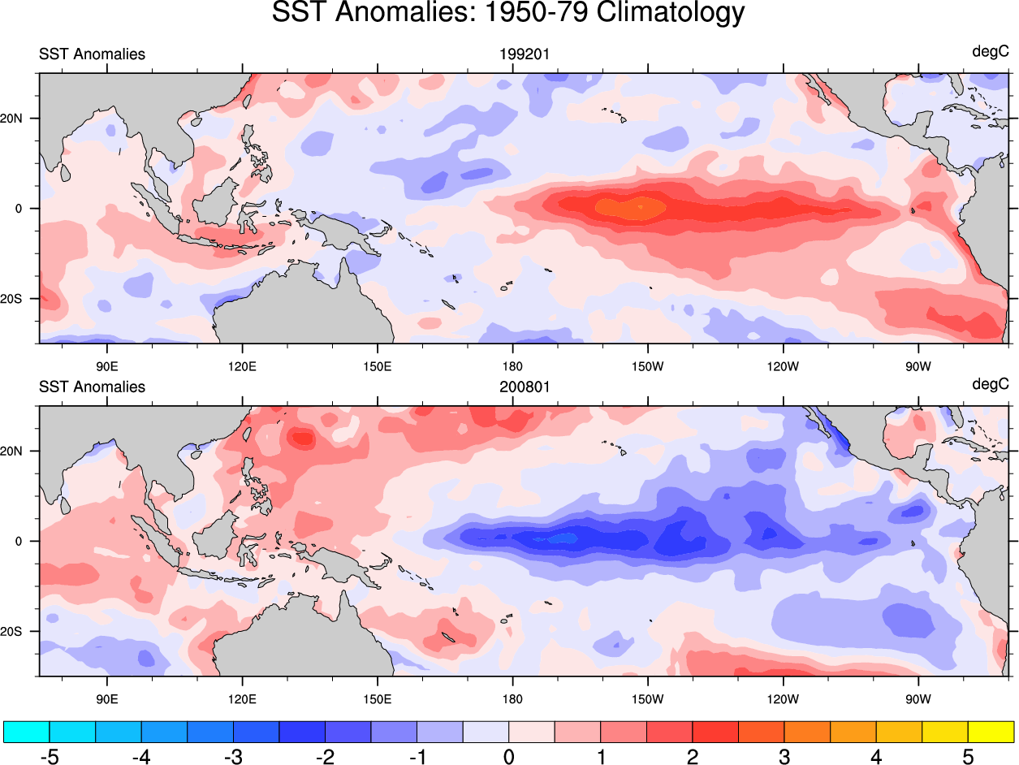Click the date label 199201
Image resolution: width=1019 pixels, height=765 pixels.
525,54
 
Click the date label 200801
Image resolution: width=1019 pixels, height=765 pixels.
525,387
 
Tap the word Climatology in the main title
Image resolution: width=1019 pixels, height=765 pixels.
671,13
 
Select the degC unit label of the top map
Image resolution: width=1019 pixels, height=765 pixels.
990,52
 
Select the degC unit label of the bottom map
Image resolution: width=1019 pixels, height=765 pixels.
990,385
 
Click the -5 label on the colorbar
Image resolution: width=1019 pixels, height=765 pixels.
49,757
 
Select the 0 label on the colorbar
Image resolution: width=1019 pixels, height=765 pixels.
508,757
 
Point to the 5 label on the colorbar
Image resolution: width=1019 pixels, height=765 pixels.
968,757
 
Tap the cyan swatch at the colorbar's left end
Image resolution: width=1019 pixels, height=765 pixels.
27,732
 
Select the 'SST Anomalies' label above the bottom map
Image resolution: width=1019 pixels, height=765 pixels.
92,387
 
